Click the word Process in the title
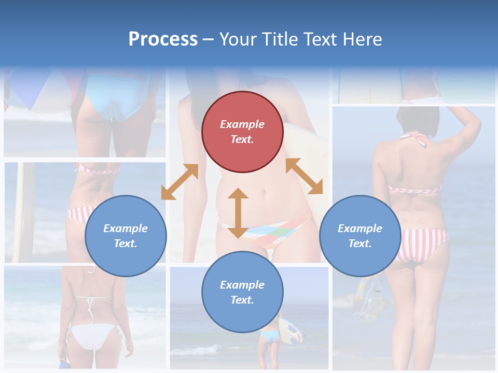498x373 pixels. coord(163,39)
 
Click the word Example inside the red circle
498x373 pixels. coord(242,124)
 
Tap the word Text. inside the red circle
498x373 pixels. coord(242,139)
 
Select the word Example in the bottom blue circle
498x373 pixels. coord(242,285)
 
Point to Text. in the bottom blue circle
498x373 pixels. coord(242,300)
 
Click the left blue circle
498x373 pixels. coord(126,236)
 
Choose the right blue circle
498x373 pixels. coord(360,236)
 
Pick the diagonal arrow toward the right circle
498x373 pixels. coord(304,176)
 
